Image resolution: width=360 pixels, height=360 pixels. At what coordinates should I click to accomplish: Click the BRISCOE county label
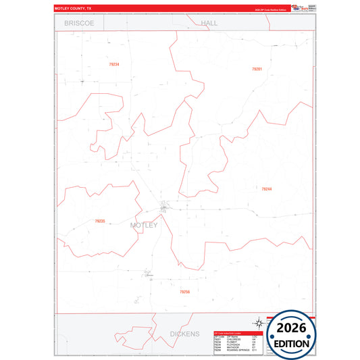(x=79, y=22)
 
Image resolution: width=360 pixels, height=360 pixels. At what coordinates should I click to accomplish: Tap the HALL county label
(x=209, y=22)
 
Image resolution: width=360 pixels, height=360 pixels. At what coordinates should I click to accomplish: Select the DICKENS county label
(x=184, y=334)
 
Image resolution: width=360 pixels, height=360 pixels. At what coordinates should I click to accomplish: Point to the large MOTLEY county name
(x=143, y=225)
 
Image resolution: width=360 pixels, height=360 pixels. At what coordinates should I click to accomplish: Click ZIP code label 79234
(x=113, y=64)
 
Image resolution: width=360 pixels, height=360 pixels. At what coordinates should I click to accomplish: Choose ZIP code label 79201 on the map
(x=257, y=69)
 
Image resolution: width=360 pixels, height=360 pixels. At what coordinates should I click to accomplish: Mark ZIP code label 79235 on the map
(x=100, y=221)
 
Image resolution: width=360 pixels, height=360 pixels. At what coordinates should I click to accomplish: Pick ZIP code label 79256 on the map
(x=185, y=292)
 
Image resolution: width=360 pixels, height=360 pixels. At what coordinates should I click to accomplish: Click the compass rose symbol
(x=257, y=323)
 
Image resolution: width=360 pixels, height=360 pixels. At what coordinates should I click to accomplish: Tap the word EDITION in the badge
(x=292, y=343)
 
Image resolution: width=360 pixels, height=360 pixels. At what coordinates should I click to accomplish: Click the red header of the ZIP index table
(x=236, y=332)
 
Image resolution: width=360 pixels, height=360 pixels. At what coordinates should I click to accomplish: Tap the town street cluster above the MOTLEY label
(x=165, y=206)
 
